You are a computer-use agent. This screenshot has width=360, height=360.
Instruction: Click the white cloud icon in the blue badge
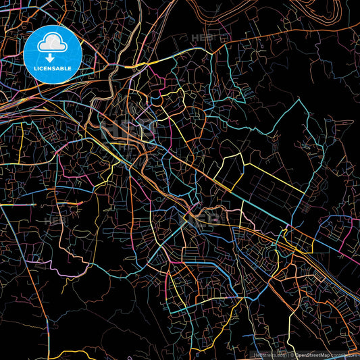53,45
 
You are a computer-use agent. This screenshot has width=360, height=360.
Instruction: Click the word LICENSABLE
53,68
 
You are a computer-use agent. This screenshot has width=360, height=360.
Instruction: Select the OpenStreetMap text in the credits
312,355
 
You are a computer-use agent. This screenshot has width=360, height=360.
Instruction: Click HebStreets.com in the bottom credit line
267,355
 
